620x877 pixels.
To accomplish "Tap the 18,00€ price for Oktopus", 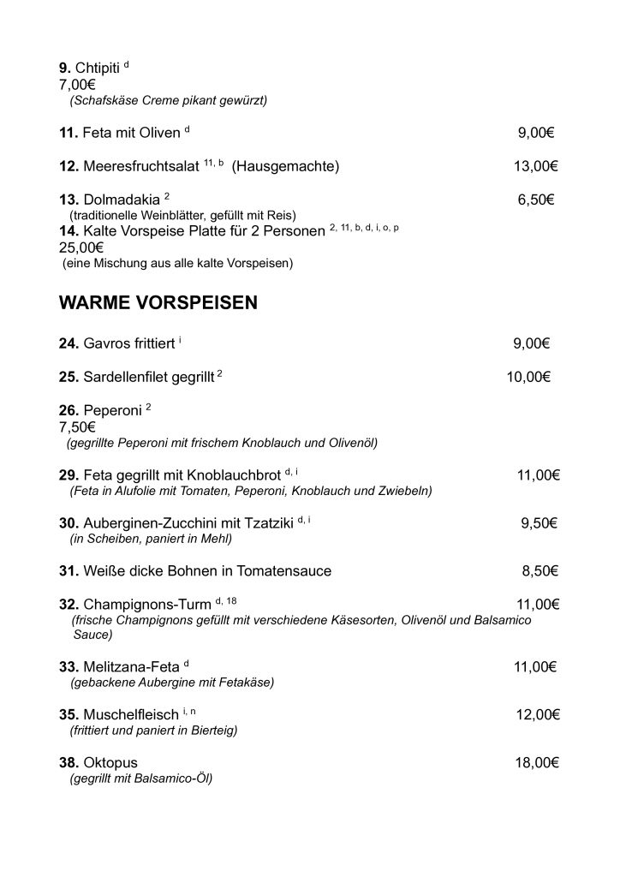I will click(537, 762).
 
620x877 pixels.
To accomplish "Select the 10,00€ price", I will click(528, 376).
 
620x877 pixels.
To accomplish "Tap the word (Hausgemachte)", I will click(285, 166).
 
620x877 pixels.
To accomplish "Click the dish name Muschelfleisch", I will click(131, 715).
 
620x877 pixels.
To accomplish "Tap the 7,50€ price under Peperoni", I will click(77, 427).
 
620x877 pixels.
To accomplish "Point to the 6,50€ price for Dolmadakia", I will click(536, 200).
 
